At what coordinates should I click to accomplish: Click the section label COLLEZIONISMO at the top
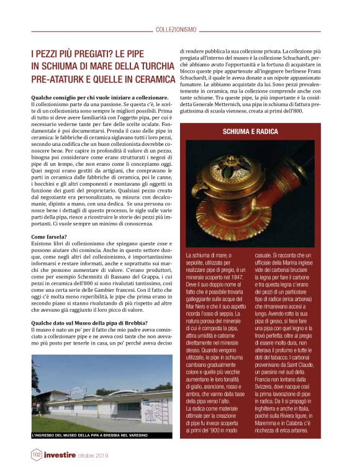coord(176,29)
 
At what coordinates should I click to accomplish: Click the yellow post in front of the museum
coord(97,412)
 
